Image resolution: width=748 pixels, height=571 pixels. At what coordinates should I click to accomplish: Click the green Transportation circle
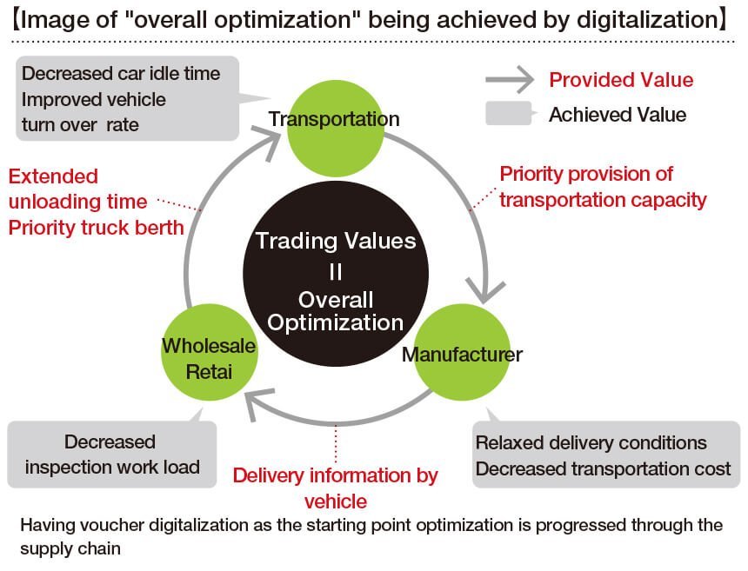(x=336, y=128)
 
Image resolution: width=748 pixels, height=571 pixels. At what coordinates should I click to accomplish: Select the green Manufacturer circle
(x=462, y=352)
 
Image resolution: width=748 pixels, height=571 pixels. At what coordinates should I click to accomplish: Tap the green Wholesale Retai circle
(x=209, y=352)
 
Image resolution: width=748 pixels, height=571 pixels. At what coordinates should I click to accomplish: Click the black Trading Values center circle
(x=336, y=274)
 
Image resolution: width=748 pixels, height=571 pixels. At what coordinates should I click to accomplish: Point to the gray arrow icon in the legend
(x=510, y=80)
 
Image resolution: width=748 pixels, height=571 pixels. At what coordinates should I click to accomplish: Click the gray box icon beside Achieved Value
(x=511, y=114)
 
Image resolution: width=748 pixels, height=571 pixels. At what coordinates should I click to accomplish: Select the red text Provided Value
(x=621, y=80)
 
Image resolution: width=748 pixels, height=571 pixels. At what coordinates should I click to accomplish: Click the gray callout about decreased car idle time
(x=127, y=98)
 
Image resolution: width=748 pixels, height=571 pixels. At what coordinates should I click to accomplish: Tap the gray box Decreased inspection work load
(x=112, y=454)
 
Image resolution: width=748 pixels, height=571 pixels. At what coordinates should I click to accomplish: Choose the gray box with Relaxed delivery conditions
(x=606, y=454)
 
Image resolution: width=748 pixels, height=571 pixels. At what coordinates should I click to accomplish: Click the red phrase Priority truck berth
(x=96, y=228)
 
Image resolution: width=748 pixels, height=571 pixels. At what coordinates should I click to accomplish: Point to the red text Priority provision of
(x=586, y=174)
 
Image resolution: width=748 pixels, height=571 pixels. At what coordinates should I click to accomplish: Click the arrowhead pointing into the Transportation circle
(x=270, y=141)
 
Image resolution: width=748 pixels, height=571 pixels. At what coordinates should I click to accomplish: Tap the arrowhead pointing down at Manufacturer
(x=485, y=289)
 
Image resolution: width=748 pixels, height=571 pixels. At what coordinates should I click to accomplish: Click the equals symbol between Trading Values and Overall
(x=336, y=272)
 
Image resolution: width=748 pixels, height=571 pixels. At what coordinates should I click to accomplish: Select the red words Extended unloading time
(x=77, y=189)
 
